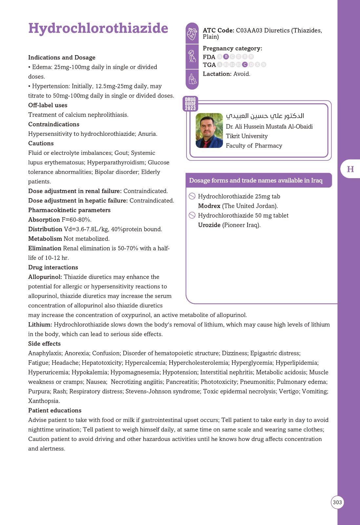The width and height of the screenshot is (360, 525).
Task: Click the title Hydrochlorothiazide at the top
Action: click(x=98, y=29)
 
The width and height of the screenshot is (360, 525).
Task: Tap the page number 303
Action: click(x=337, y=502)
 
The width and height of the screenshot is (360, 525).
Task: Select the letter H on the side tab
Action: click(x=350, y=169)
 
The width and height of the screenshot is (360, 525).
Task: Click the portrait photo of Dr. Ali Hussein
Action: click(x=209, y=131)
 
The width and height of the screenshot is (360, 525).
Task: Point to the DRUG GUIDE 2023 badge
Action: click(x=190, y=104)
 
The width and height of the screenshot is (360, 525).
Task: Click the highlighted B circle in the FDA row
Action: click(x=226, y=57)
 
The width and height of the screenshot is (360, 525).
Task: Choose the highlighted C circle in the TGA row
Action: click(x=245, y=65)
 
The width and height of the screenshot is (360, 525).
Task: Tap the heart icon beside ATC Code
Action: click(x=192, y=33)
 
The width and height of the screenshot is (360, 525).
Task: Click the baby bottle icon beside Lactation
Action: click(x=192, y=79)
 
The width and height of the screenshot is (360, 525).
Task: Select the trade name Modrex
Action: click(x=209, y=206)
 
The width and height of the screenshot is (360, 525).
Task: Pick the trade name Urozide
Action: click(x=209, y=225)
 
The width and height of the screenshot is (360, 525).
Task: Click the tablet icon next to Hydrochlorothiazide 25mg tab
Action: click(x=192, y=196)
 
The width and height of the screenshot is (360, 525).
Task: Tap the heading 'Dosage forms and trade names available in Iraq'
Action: click(x=256, y=180)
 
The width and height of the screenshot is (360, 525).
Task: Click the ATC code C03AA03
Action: click(x=249, y=31)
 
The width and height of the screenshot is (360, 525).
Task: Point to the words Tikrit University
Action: click(x=247, y=136)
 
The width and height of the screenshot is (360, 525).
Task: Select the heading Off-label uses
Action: click(x=48, y=105)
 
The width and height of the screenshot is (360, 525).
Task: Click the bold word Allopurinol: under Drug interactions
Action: click(x=45, y=277)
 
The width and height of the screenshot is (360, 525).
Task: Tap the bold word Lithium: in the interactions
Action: click(x=40, y=325)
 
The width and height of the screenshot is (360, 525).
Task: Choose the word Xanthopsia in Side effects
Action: click(x=44, y=401)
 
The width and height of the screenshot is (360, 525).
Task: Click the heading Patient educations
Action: click(x=55, y=410)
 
